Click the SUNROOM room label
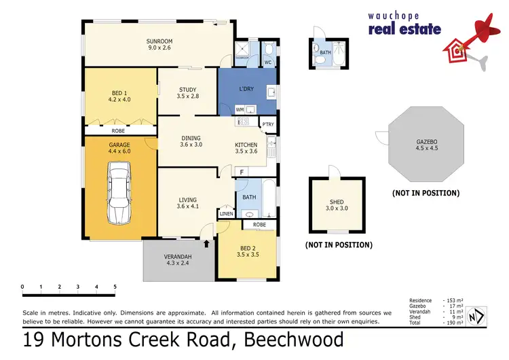tap(160, 42)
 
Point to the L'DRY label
tap(247, 90)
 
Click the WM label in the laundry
tap(239, 109)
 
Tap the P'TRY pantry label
tap(269, 124)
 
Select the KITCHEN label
tap(246, 145)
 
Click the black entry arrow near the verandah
tap(206, 241)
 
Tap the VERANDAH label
tap(178, 256)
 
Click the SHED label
tap(337, 202)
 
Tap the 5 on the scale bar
tap(115, 287)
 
